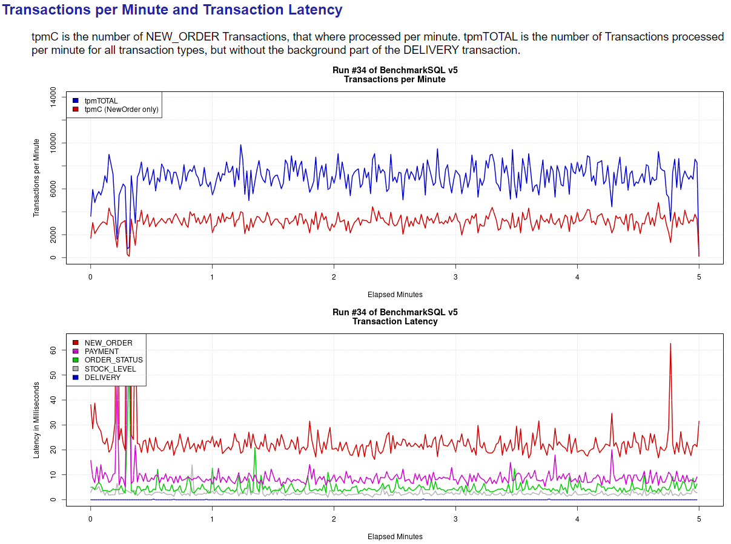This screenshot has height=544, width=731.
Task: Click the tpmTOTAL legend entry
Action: coord(101,100)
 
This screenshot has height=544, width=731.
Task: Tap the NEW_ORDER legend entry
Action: coord(108,343)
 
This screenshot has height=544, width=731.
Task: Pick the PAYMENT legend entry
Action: coord(101,352)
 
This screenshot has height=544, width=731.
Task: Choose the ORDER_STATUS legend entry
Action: coord(113,360)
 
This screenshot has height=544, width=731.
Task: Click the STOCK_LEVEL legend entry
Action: coord(110,369)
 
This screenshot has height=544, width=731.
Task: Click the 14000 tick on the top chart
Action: coord(53,97)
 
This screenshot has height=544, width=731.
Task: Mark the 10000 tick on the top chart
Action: coord(53,143)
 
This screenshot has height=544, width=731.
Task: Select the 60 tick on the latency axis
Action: coord(53,350)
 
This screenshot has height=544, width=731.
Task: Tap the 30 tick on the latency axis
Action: coord(53,425)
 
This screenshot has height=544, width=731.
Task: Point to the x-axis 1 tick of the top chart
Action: coord(212,277)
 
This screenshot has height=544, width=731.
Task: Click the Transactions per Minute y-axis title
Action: coord(36,177)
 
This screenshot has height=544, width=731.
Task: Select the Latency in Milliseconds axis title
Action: coord(36,419)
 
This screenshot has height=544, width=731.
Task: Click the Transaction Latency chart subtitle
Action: coord(395,321)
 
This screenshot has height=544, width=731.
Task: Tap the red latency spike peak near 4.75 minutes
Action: coord(670,344)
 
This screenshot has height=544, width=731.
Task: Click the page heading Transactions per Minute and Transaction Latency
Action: coord(173,10)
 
